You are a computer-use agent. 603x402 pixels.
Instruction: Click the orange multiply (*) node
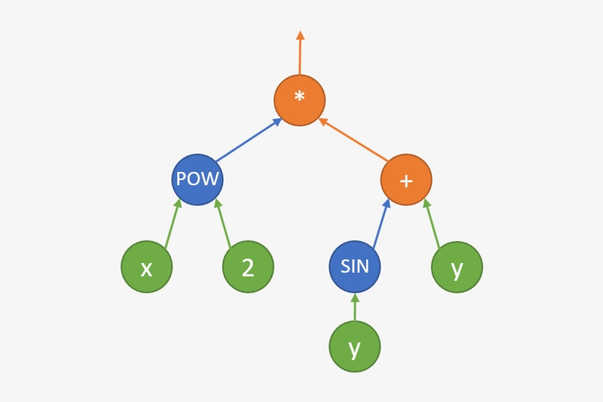tap(299, 100)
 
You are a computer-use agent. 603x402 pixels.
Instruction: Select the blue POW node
tap(197, 179)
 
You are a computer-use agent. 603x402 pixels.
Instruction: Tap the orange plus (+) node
tap(406, 179)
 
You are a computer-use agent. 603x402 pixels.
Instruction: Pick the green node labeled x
tap(146, 267)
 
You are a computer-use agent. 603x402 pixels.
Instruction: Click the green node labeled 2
tap(248, 267)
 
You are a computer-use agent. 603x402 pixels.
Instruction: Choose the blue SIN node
tap(354, 266)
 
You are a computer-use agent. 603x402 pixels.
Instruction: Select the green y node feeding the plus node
tap(457, 267)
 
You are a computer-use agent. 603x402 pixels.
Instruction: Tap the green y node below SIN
tap(354, 347)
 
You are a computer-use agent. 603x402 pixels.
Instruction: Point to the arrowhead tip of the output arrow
tap(299, 34)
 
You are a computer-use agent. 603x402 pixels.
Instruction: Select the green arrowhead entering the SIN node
tap(354, 298)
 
